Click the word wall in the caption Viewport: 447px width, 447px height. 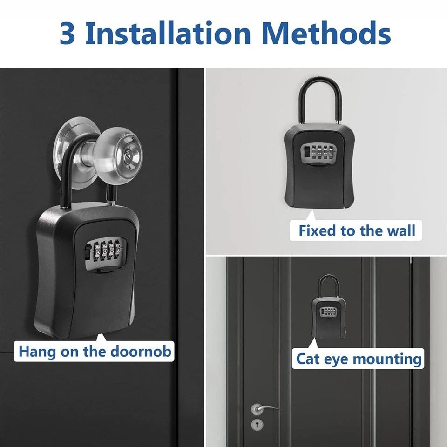[x=400, y=230]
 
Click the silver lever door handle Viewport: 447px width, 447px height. [x=264, y=408]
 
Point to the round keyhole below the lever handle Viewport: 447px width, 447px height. [x=256, y=424]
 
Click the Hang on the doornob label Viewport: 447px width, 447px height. [x=95, y=351]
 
